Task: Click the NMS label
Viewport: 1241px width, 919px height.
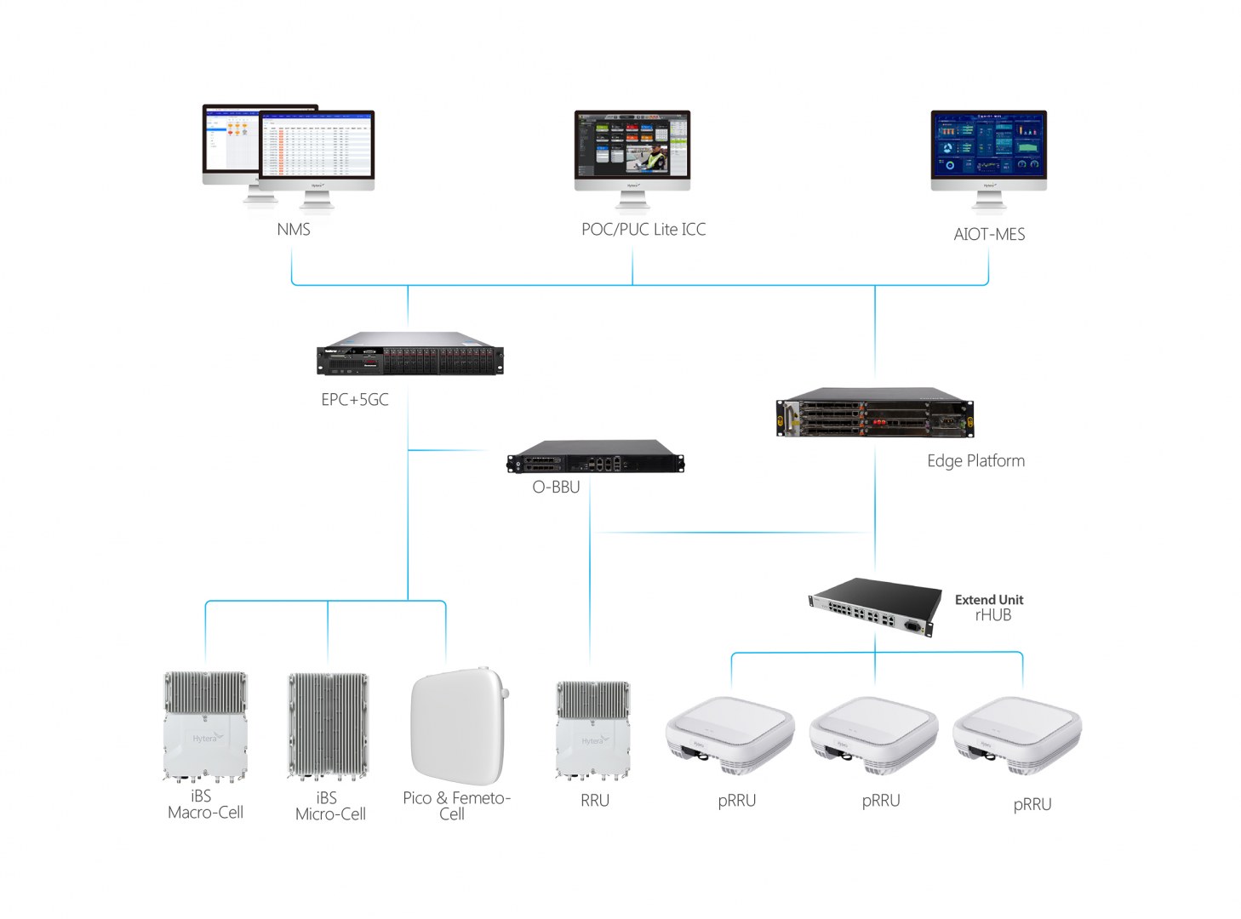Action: (x=294, y=230)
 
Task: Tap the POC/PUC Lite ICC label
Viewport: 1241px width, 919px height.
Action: (x=643, y=230)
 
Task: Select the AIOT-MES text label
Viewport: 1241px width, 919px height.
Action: (x=989, y=235)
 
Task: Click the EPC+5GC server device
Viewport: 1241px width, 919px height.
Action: (x=409, y=354)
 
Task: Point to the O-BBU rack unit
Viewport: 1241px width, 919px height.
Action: (x=595, y=458)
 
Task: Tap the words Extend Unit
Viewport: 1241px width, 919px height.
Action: (x=989, y=600)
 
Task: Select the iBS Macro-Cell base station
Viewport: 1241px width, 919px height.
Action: (x=204, y=727)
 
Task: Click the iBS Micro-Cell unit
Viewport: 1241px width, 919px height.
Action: (x=328, y=726)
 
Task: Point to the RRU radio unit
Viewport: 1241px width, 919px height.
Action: (x=593, y=730)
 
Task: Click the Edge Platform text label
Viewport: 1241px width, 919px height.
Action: (x=975, y=461)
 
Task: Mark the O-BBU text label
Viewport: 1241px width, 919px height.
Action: (x=556, y=488)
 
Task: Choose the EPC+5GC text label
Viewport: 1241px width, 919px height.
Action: (x=355, y=400)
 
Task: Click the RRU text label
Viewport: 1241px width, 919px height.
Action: (x=595, y=801)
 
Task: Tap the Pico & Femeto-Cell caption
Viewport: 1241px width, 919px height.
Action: (x=455, y=806)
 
